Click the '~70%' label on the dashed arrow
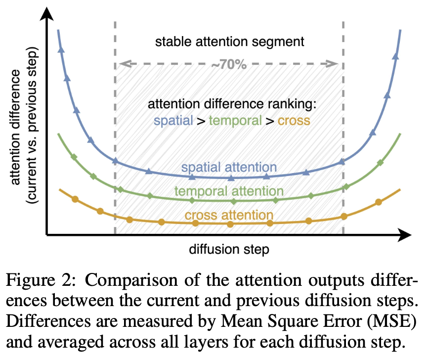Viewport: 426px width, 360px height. point(228,64)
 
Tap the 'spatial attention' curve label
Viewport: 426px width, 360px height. point(228,168)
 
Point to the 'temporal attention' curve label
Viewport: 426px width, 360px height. point(229,191)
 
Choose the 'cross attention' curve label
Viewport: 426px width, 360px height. point(229,215)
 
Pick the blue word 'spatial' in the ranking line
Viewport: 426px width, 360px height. point(173,120)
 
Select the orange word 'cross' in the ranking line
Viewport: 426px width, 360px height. point(294,120)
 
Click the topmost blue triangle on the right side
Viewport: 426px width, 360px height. point(395,56)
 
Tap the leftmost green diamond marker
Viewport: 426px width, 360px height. point(74,157)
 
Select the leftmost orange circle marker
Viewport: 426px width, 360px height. point(75,199)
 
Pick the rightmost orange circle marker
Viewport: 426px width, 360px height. point(379,202)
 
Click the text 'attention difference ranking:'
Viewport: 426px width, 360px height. point(232,105)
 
